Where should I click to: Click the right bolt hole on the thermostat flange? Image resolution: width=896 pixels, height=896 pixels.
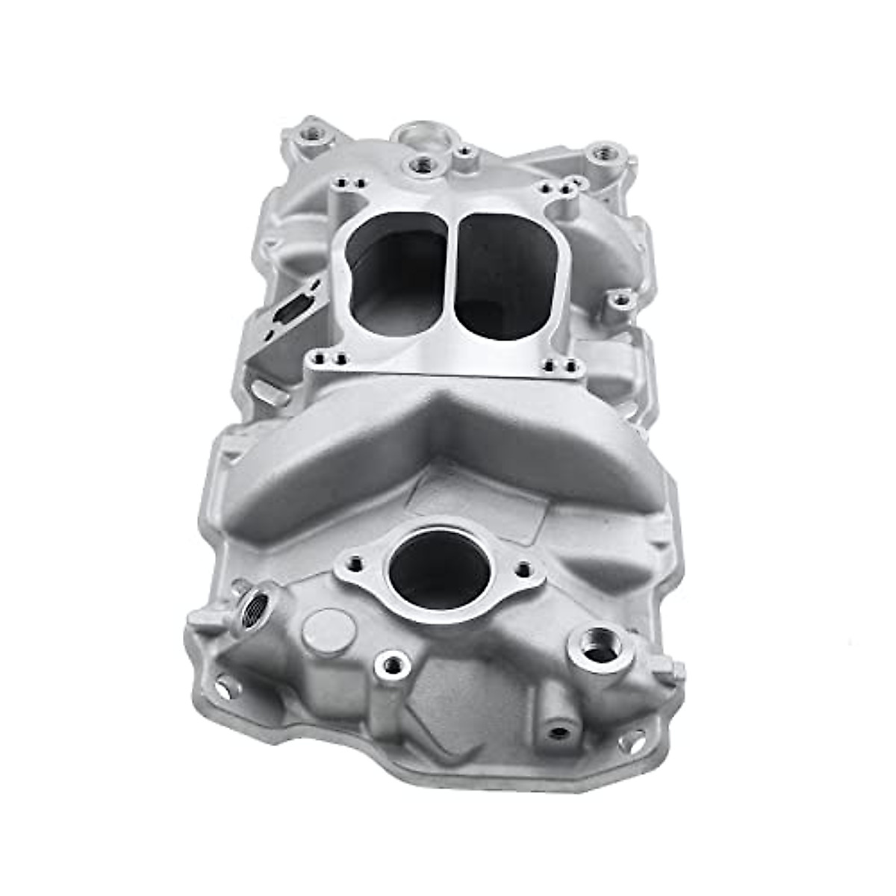click(523, 568)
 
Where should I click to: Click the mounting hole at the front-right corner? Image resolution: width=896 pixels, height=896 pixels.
click(631, 741)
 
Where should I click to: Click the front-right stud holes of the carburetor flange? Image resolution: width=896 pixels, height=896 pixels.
click(562, 365)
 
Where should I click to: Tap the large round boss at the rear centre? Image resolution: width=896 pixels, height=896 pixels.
click(413, 137)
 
